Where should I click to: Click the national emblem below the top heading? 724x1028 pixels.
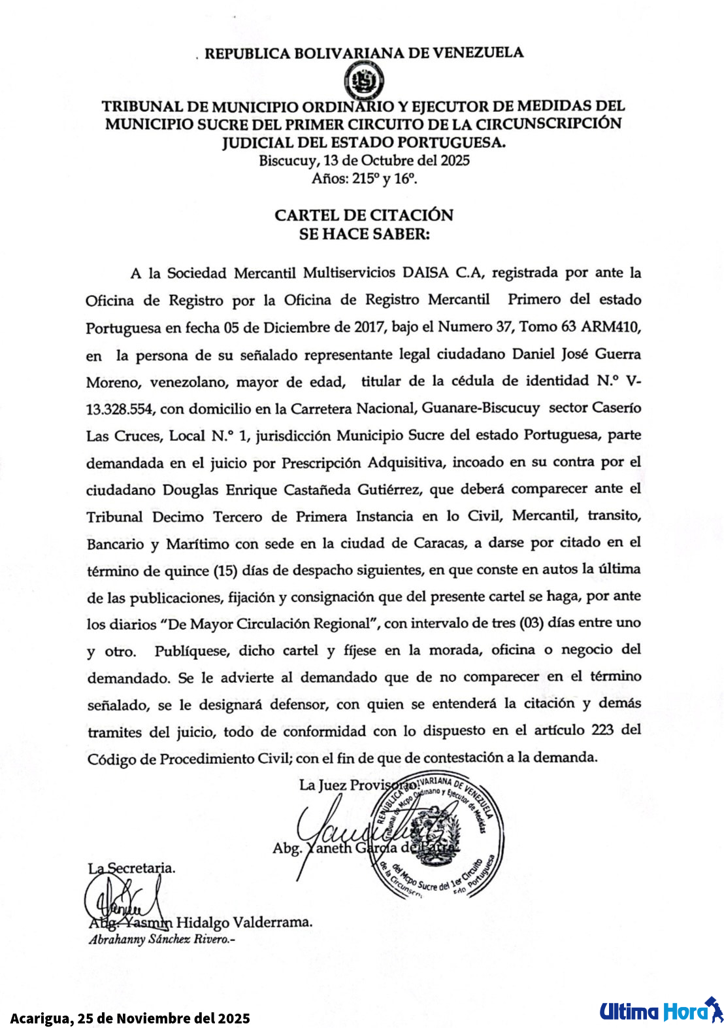click(x=364, y=81)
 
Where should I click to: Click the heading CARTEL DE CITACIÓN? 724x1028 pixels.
click(x=363, y=215)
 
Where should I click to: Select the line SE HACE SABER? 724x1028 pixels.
click(x=363, y=234)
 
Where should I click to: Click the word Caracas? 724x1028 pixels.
click(x=440, y=543)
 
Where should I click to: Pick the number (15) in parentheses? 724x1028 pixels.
click(x=226, y=570)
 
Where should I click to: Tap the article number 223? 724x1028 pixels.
click(x=602, y=730)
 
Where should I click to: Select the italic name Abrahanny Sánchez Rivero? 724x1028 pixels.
click(x=161, y=940)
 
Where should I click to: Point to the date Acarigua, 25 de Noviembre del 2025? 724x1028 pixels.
click(x=130, y=1018)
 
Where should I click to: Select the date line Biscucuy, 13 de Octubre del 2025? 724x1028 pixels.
click(x=363, y=161)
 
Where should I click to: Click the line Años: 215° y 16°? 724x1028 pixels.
click(x=363, y=179)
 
